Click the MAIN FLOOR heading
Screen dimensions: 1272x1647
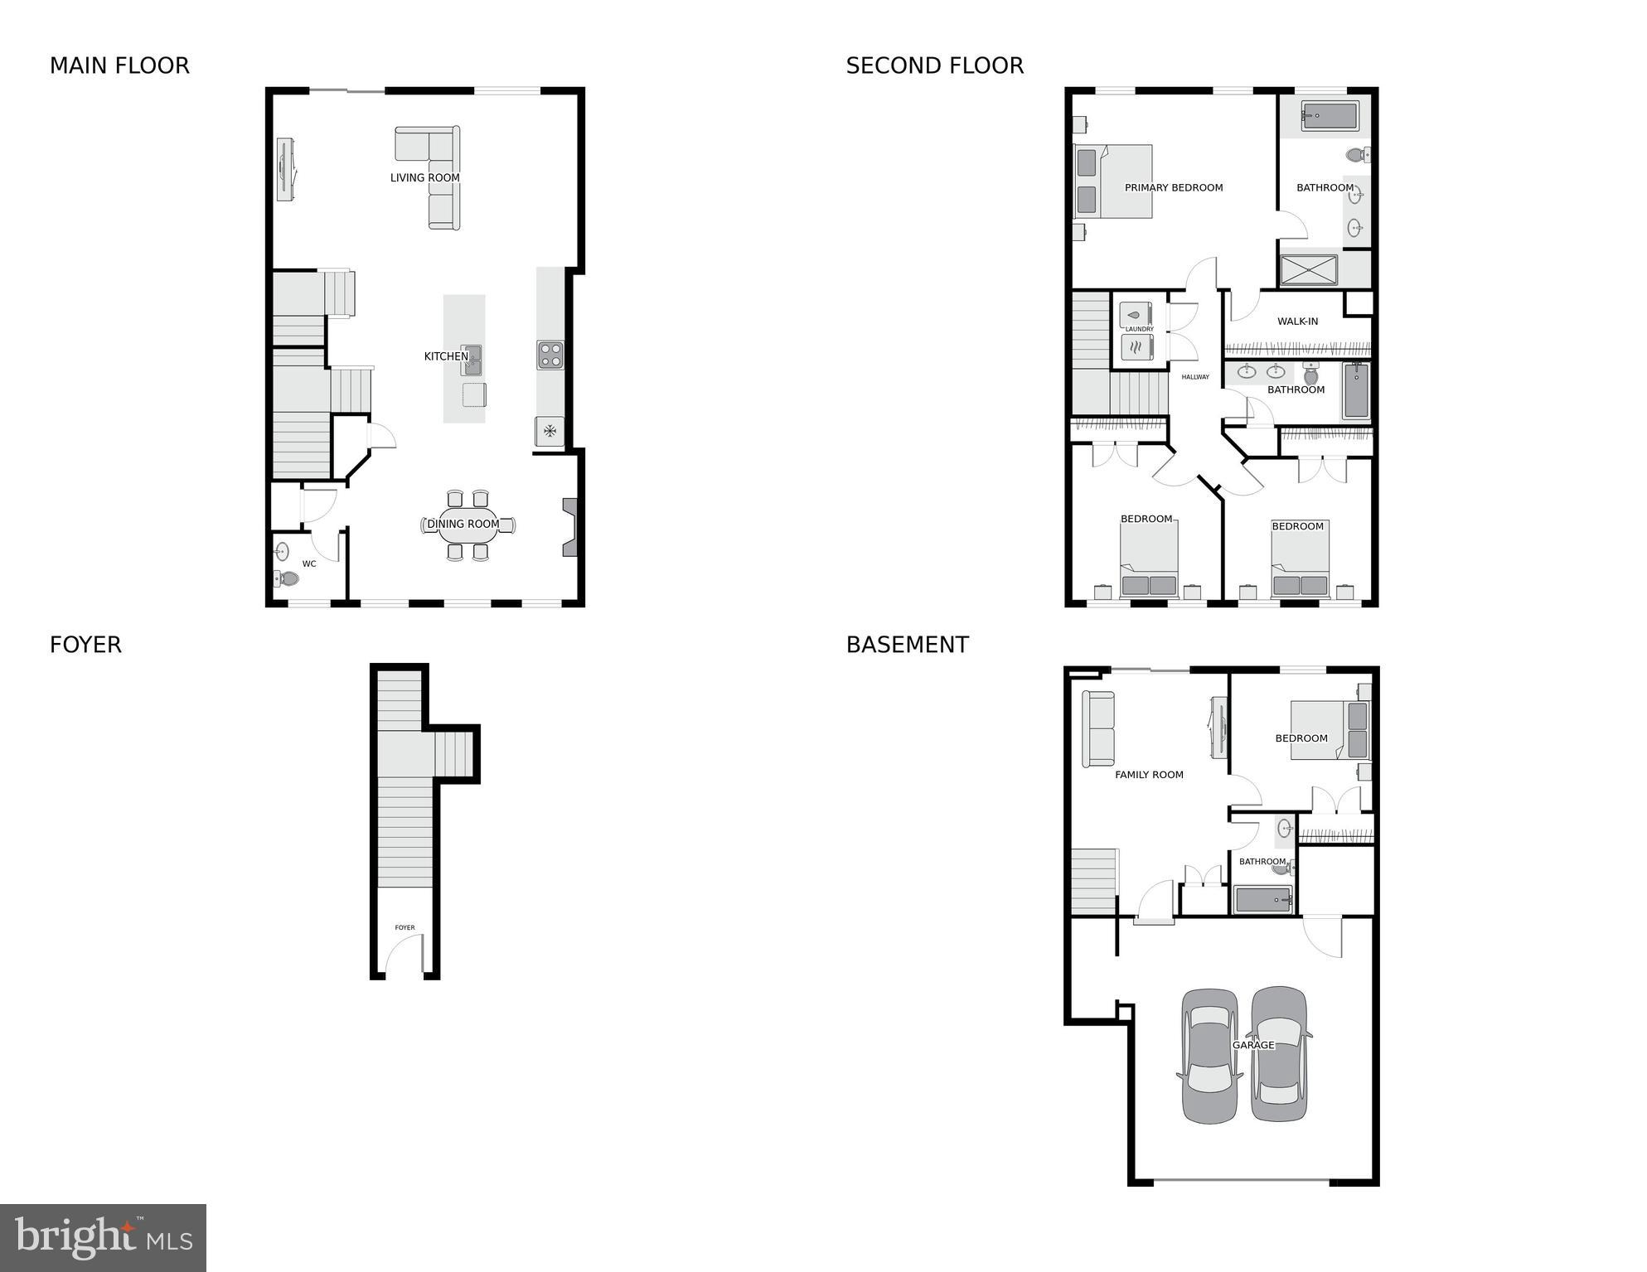point(119,65)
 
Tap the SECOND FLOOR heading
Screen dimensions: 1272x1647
point(934,65)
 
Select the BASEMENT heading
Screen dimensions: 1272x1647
point(907,645)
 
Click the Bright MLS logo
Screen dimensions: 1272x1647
point(103,1237)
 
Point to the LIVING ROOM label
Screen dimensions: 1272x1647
point(424,177)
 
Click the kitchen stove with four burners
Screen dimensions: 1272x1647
point(550,355)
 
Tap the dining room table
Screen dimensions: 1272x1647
point(467,525)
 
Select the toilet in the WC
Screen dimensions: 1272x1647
point(287,578)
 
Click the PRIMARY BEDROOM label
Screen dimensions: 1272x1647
point(1173,187)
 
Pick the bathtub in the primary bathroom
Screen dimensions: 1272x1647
point(1329,116)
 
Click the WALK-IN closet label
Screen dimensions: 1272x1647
point(1297,322)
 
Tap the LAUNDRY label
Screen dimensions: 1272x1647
point(1139,329)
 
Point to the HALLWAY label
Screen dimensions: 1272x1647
point(1194,377)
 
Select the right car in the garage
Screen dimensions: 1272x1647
point(1279,1054)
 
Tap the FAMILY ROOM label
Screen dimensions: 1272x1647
point(1149,775)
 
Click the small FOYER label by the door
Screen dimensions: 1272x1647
point(404,928)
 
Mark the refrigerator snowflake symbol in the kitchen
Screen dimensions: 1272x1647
point(549,430)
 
